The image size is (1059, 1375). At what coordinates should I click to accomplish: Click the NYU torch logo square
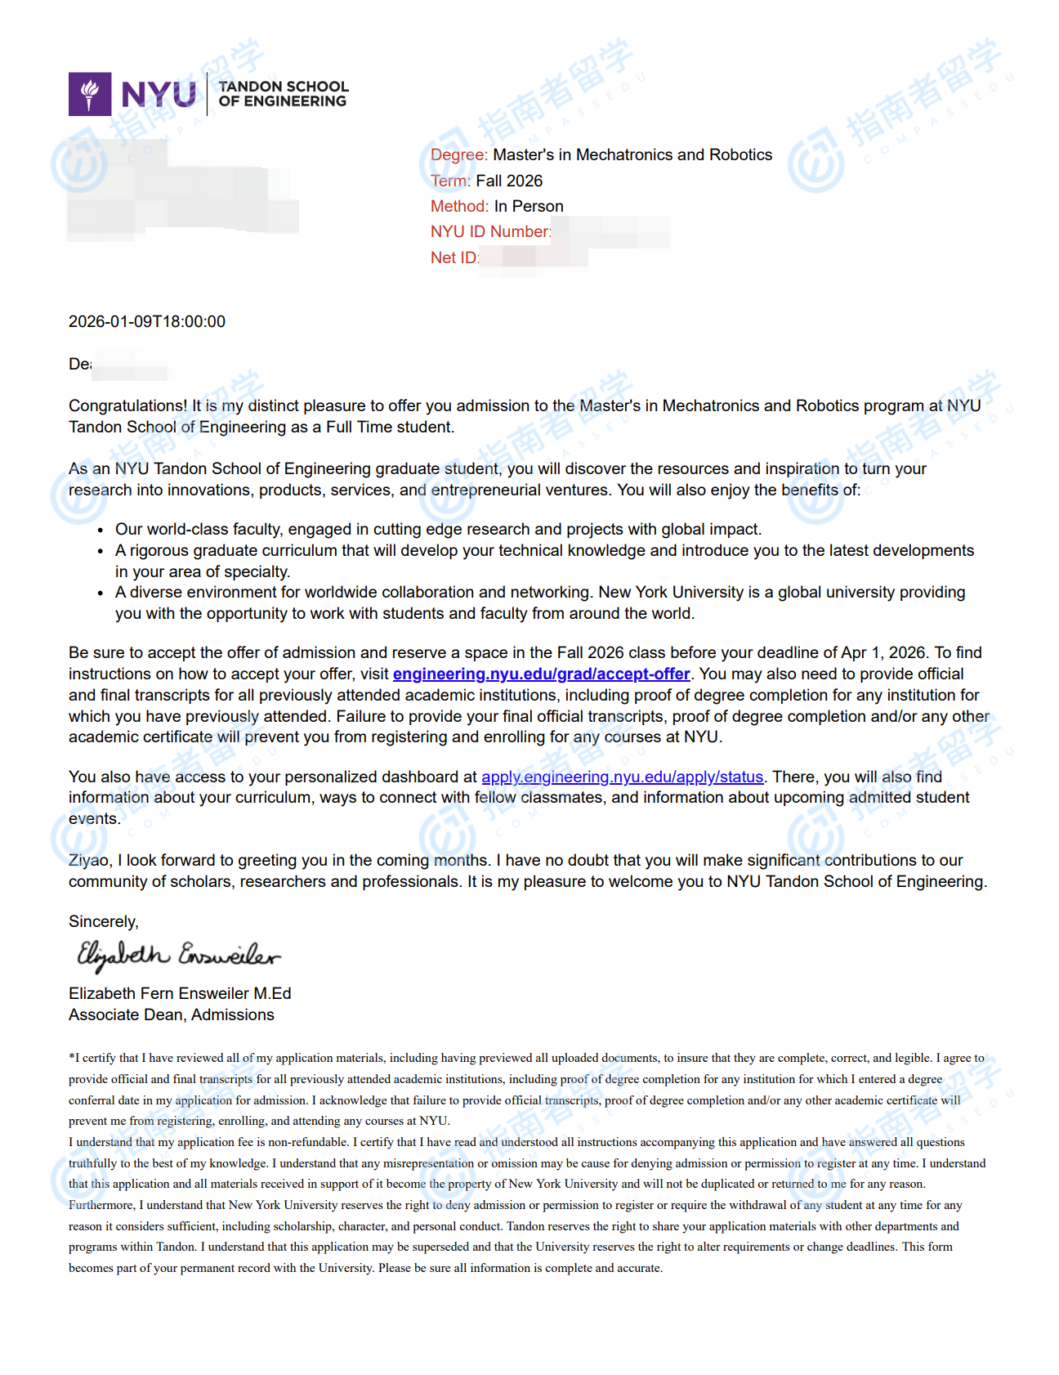90,94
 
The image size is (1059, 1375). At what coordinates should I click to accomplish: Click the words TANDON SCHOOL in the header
284,87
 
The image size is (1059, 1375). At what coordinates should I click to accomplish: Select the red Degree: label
458,155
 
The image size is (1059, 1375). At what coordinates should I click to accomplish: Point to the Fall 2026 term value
509,181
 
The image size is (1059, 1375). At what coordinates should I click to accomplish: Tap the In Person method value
529,206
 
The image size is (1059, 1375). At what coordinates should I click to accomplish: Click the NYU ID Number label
490,231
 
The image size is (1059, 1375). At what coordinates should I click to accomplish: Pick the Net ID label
454,258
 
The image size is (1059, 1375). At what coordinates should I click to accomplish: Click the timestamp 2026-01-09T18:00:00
147,321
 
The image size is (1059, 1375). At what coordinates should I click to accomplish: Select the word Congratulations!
128,405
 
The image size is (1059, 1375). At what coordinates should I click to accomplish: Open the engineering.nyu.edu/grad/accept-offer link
541,674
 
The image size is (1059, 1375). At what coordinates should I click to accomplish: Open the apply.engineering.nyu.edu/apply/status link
622,777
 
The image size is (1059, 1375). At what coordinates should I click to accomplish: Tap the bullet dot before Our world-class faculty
100,530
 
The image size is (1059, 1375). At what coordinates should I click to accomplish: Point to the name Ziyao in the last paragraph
88,860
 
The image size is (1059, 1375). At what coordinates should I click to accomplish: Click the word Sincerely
103,921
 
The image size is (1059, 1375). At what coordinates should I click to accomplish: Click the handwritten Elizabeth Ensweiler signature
178,955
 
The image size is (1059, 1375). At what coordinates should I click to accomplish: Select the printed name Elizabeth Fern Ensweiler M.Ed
180,993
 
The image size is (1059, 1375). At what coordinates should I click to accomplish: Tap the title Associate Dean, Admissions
172,1014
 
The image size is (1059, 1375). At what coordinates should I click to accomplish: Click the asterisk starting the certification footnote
71,1057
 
